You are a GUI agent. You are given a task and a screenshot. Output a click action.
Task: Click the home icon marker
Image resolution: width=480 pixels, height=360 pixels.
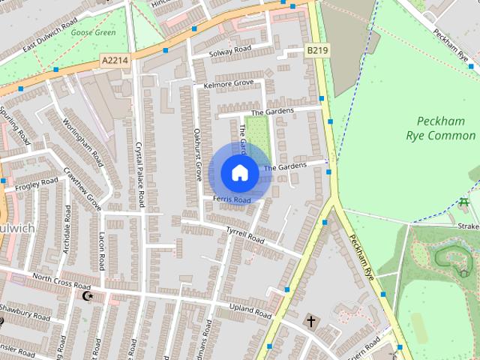(239, 173)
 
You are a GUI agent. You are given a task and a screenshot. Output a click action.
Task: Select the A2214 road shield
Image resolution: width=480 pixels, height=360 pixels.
(115, 58)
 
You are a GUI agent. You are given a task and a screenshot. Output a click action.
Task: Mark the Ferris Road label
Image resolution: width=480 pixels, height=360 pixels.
(231, 199)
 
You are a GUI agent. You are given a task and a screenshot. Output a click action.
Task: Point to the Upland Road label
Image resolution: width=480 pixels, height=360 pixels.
(251, 310)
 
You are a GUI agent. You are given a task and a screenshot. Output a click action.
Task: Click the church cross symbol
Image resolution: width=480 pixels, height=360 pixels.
(310, 321)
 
